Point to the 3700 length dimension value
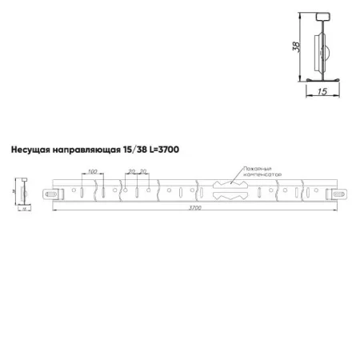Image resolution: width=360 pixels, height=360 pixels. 195,208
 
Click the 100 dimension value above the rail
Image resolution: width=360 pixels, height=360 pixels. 92,171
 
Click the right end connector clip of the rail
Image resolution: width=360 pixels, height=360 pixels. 334,193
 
